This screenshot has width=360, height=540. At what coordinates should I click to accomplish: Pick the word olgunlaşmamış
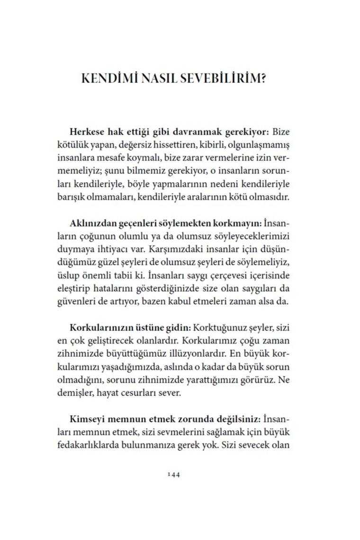tap(266, 144)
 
